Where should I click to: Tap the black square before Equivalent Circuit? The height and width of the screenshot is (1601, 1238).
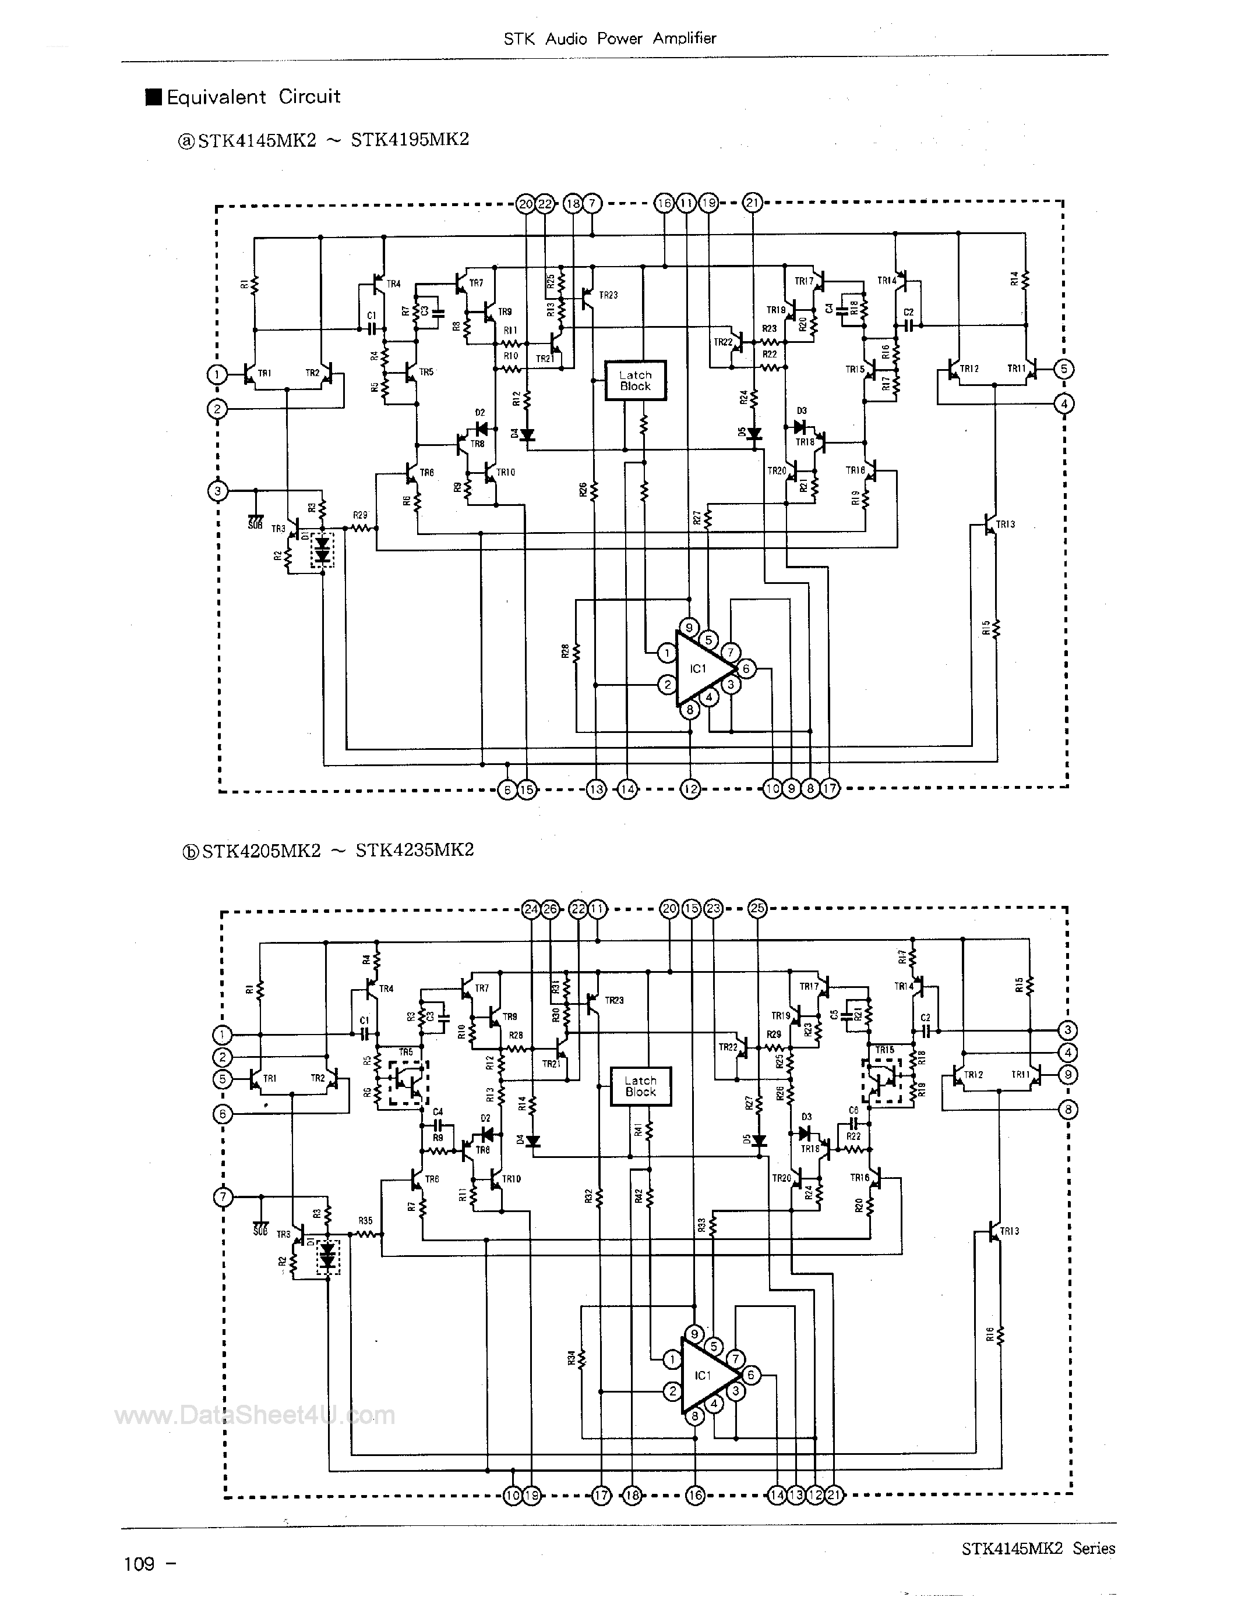154,97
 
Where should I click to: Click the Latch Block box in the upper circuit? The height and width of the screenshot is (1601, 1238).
635,381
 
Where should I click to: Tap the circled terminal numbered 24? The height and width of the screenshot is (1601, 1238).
531,909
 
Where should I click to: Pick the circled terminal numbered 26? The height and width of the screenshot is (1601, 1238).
550,909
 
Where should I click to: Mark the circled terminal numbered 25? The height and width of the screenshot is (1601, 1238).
757,908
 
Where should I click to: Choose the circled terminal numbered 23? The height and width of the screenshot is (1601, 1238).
713,909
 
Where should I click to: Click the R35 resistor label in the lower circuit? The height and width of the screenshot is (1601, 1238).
365,1220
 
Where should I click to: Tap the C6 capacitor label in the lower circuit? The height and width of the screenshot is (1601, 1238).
853,1111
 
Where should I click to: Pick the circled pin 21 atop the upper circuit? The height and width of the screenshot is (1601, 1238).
753,203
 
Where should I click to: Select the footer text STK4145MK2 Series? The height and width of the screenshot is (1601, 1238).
1038,1548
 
